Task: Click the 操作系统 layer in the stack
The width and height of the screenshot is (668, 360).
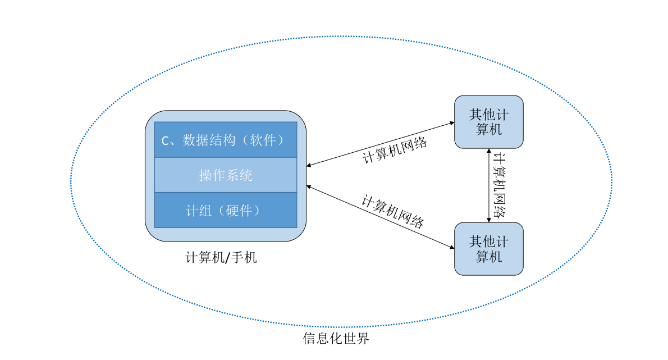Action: click(225, 175)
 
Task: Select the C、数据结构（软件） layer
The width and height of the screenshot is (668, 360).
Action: click(225, 140)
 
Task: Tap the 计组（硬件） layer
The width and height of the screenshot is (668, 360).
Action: click(225, 210)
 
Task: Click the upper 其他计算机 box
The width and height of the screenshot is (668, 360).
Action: click(488, 122)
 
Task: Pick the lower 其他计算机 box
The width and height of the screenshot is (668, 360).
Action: click(488, 249)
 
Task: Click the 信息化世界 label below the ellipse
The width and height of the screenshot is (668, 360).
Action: click(336, 339)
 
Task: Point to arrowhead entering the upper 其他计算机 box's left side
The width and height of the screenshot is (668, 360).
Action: click(452, 122)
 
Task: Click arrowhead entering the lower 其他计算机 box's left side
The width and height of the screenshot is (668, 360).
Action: click(452, 247)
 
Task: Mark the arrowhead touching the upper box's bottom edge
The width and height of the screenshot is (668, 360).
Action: click(488, 151)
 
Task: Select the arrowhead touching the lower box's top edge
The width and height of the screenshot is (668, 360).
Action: click(488, 220)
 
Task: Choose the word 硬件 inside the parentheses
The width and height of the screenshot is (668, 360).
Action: click(236, 210)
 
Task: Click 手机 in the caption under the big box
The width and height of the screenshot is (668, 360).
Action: click(243, 258)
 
